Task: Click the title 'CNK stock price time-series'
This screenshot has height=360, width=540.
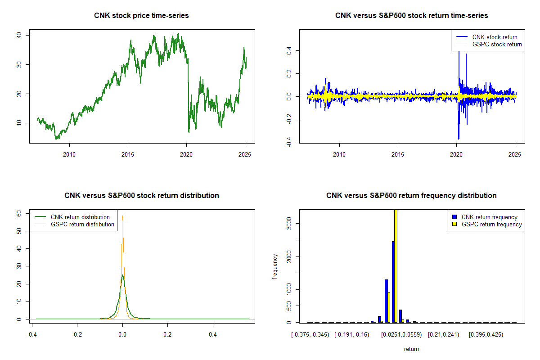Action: coord(141,16)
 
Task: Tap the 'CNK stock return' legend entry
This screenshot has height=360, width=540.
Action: coord(495,37)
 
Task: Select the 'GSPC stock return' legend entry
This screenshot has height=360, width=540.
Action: coord(497,44)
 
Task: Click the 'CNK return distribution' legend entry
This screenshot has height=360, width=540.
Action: coord(80,217)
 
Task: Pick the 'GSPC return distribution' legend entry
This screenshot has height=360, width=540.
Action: coord(82,224)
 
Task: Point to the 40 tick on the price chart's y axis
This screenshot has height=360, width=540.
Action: coord(21,35)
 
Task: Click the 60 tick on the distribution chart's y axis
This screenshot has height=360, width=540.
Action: coord(21,214)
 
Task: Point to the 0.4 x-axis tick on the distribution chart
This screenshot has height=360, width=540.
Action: coord(213,335)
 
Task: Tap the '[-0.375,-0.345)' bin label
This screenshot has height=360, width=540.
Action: coord(310,335)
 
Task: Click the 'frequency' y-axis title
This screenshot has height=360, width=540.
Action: coord(275,266)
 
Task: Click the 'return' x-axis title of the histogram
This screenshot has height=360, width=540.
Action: coord(411,349)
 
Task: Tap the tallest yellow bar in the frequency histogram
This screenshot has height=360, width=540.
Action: coord(396,265)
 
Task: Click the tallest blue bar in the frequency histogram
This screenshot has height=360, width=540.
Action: coord(393,282)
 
